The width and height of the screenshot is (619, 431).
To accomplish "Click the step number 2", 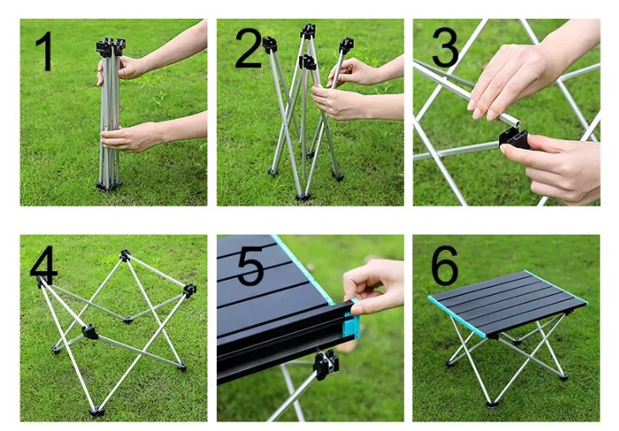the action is (x=248, y=48).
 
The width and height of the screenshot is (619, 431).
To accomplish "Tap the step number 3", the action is (x=445, y=48).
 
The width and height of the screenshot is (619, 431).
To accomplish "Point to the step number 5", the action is (x=250, y=265).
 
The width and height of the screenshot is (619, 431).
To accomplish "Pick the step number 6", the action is (x=445, y=265).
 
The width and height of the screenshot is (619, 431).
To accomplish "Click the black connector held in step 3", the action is (x=514, y=139).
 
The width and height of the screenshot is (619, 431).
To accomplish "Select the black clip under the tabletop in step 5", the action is (x=326, y=365).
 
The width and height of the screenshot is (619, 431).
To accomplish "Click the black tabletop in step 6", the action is (x=508, y=301).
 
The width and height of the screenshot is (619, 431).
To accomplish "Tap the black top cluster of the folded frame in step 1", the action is (x=111, y=48).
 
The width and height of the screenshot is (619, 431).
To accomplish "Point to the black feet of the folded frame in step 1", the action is (x=108, y=184).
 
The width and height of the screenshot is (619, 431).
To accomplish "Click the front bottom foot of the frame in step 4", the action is (x=97, y=411).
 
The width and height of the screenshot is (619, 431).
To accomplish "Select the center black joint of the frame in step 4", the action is (x=90, y=332).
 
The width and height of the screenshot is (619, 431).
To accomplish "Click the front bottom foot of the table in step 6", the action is (x=491, y=404).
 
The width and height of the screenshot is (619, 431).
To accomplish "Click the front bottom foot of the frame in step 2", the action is (x=303, y=196).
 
